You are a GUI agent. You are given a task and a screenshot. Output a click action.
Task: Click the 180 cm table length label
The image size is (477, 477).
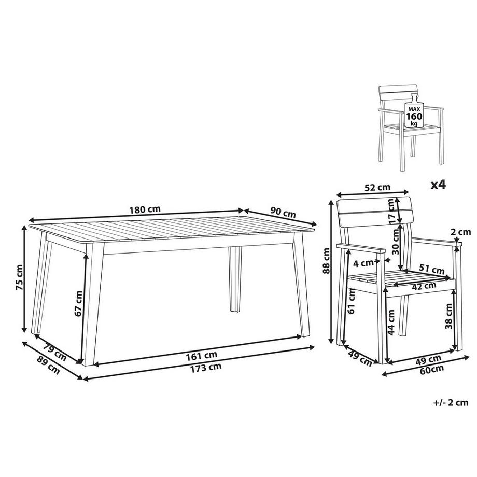145,209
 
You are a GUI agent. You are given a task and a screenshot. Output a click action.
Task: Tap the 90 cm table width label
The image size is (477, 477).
283,213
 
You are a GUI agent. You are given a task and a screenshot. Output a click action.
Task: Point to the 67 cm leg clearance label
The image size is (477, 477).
78,303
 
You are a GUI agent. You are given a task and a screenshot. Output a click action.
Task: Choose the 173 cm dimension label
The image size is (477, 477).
206,368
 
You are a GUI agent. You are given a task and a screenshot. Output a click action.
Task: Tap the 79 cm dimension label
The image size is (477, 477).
54,352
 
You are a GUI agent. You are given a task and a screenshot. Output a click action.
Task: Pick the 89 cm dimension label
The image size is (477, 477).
48,365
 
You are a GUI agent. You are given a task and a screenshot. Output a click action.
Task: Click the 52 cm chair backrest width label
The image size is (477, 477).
377,187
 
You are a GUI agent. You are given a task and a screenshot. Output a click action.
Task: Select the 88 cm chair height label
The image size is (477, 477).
326,261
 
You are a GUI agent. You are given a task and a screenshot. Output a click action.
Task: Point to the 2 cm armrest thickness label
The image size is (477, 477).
460,232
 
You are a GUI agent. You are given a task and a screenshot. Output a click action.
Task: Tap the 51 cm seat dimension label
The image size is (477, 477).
432,269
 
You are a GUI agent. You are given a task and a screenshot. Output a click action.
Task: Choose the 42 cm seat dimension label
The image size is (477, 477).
423,286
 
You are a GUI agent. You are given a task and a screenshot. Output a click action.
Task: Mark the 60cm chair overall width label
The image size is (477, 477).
431,369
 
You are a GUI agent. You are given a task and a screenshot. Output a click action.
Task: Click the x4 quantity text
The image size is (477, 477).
438,185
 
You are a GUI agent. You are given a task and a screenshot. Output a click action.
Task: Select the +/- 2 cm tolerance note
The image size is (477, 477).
451,403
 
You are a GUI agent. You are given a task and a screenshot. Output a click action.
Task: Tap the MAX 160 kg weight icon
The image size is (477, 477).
414,110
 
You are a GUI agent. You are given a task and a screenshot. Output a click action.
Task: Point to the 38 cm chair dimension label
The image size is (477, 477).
448,316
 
